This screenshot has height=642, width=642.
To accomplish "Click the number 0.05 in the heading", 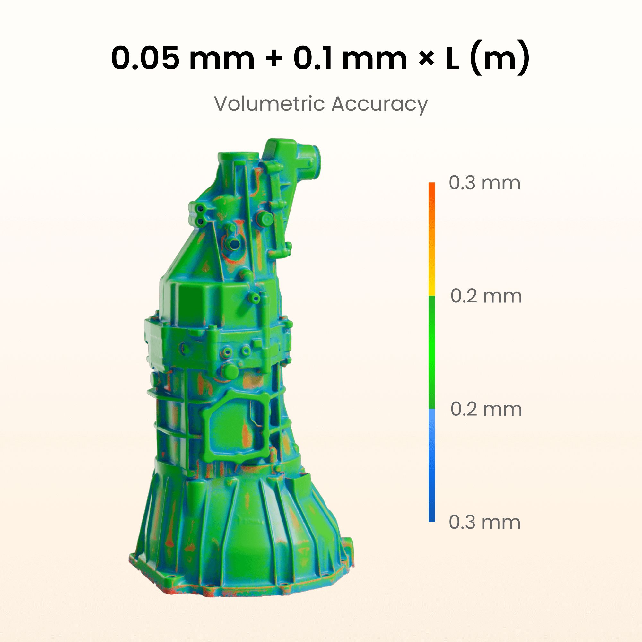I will point(145,58).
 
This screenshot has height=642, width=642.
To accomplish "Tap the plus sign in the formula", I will point(274,59).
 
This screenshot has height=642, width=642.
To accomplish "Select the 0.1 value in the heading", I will point(313,58).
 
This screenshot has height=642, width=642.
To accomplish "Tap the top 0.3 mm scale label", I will point(484,183).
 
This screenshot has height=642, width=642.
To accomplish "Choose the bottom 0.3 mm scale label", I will point(484,522).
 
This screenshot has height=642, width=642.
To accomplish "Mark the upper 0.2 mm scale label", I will point(486,296).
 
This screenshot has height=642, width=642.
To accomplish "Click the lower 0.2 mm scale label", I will point(486,409).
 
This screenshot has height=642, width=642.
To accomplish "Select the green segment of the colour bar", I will point(432,352).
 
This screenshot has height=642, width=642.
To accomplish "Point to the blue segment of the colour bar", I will point(432,465).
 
